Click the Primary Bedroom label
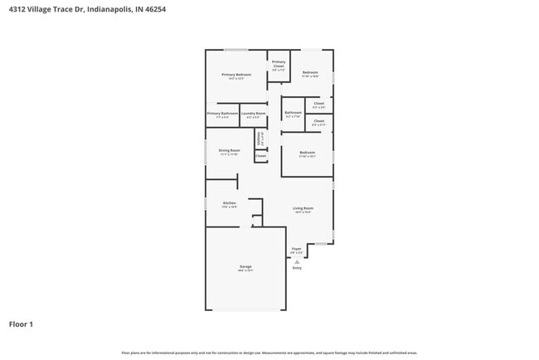point(236,75)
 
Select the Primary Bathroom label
point(222,113)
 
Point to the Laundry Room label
point(254,113)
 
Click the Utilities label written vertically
point(260,137)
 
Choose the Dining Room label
point(230,150)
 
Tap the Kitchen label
point(230,202)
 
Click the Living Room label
point(303,208)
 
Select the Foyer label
point(296,248)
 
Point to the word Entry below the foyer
point(297,268)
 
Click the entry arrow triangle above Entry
point(297,260)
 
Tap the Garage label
point(245,266)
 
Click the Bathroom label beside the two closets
point(294,113)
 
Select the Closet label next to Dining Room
point(260,155)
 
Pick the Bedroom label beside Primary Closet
point(310,73)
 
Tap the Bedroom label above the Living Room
point(307,152)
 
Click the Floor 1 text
point(21,324)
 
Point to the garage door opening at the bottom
point(245,310)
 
